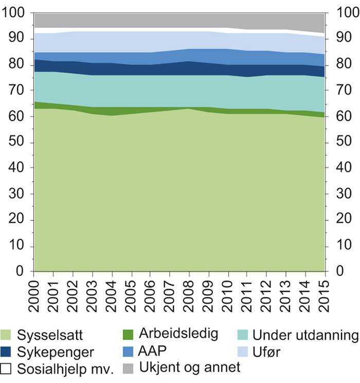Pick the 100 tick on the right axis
[x=344, y=13]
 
